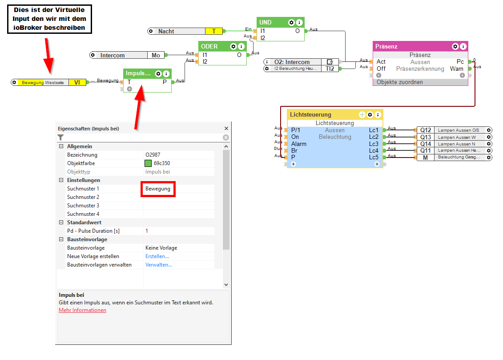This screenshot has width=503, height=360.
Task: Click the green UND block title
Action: point(266,22)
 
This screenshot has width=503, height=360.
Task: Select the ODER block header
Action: point(209,46)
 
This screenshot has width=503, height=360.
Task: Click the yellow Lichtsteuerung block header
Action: point(310,114)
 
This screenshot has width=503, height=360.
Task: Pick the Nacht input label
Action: point(166,31)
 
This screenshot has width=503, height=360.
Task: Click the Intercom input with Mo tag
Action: point(113,55)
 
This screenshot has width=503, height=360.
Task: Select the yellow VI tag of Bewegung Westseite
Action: point(77,82)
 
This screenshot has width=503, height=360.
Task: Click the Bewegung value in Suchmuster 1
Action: point(158,189)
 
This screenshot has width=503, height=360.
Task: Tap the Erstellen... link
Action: point(157,256)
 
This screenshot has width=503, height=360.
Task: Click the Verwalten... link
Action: point(159,265)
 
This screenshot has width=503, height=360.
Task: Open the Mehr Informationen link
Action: point(82,310)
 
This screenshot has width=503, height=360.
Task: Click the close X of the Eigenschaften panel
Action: point(226,129)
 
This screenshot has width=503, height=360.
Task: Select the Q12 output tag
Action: point(426,130)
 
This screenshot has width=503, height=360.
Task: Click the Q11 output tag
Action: point(426,151)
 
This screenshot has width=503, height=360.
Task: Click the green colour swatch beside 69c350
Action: point(148,163)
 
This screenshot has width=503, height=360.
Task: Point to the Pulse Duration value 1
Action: point(147,231)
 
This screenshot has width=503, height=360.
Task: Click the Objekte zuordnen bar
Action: point(400,82)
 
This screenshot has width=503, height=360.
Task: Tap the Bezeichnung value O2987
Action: point(153,155)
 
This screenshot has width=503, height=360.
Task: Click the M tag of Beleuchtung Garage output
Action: point(426,158)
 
